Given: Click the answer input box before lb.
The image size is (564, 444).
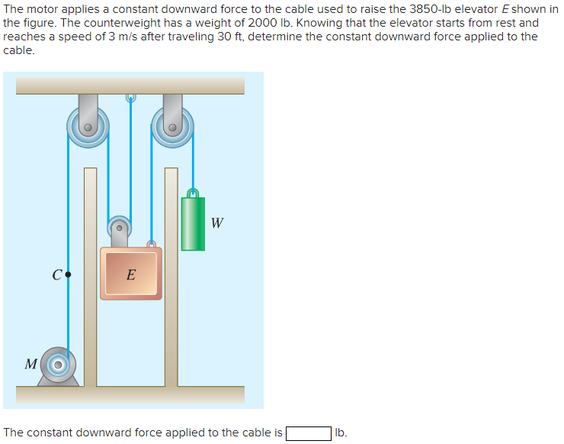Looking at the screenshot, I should pyautogui.click(x=308, y=433).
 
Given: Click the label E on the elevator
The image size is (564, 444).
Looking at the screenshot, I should pyautogui.click(x=131, y=275).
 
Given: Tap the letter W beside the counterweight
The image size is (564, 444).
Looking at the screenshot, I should pyautogui.click(x=217, y=224).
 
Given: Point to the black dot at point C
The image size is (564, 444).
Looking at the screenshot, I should pyautogui.click(x=69, y=273).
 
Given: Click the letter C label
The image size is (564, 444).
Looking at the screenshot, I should pyautogui.click(x=57, y=275).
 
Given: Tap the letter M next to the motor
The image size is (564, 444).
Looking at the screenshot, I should pyautogui.click(x=30, y=364).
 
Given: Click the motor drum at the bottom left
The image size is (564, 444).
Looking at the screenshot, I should pyautogui.click(x=57, y=366).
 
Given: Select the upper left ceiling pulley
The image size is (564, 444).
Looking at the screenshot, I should pyautogui.click(x=88, y=126).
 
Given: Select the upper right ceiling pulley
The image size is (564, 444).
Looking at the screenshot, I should pyautogui.click(x=172, y=126).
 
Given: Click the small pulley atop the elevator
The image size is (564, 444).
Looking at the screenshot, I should pyautogui.click(x=119, y=226).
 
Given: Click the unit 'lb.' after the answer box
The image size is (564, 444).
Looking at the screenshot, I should pyautogui.click(x=341, y=433).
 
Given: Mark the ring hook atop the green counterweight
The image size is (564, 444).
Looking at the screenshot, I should pyautogui.click(x=194, y=192).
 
